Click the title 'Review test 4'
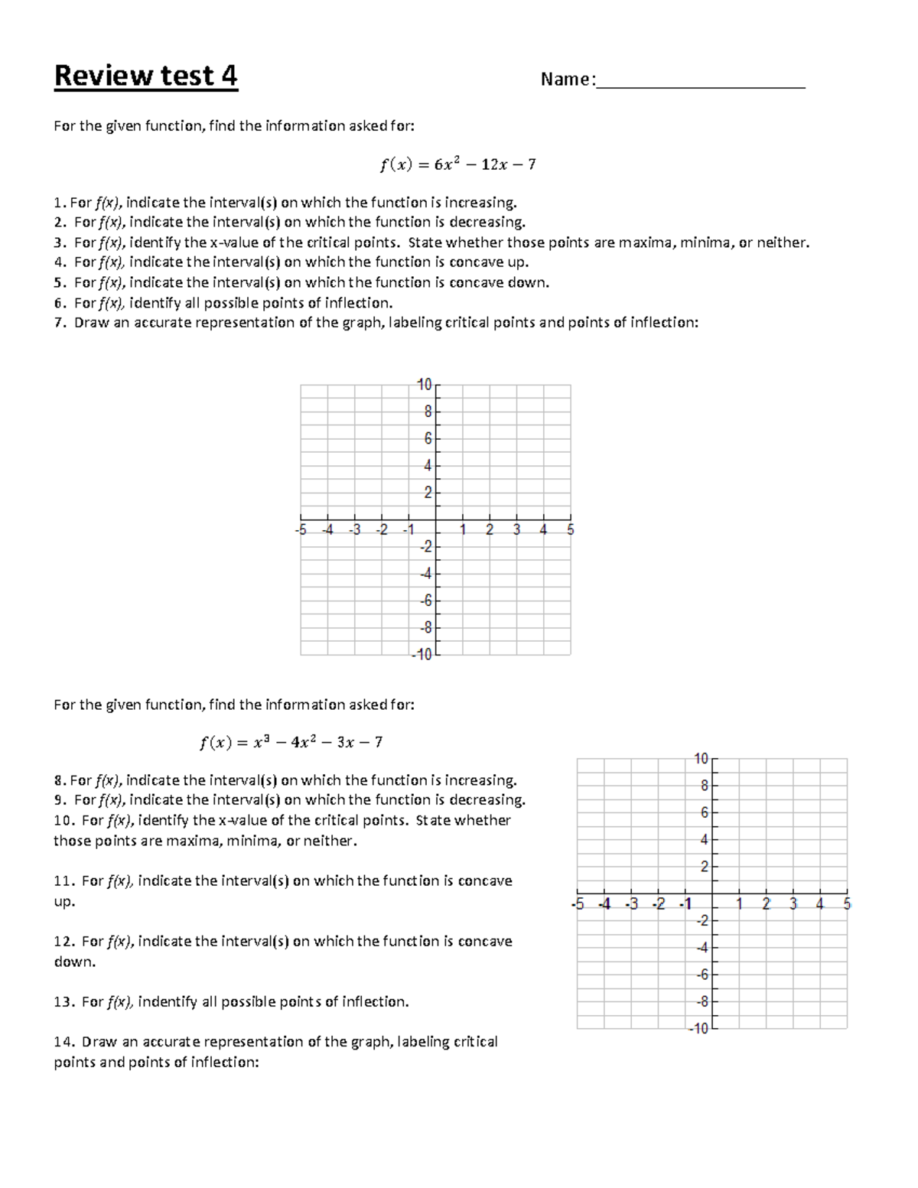point(145,76)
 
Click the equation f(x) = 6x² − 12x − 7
point(457,164)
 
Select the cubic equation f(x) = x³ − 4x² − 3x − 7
point(291,742)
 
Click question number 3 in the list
point(60,243)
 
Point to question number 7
point(60,323)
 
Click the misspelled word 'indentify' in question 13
point(168,1002)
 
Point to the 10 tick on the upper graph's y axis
point(425,384)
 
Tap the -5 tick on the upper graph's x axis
point(301,529)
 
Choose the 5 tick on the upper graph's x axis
point(571,529)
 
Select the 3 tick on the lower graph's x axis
point(793,904)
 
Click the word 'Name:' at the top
point(568,80)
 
